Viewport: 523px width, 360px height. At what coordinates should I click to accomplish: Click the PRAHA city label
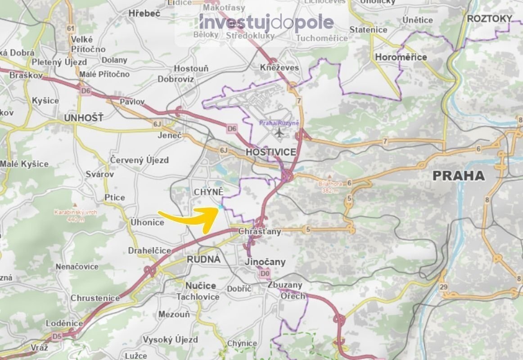[459, 175]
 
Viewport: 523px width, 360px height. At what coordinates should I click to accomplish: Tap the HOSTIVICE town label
[271, 152]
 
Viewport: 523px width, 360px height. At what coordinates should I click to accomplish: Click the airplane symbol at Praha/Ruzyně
[280, 133]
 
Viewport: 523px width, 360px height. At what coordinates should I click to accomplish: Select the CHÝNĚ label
[208, 192]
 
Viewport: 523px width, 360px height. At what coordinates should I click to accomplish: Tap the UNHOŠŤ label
[84, 118]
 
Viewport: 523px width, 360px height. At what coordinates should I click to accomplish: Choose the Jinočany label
[266, 262]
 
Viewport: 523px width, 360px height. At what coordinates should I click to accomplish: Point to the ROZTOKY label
[490, 18]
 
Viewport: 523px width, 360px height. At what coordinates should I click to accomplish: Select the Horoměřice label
[401, 57]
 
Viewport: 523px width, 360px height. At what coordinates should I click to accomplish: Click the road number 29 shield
[445, 287]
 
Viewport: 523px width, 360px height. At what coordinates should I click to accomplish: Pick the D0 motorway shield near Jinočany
[264, 273]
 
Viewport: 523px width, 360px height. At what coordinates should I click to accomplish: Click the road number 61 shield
[70, 29]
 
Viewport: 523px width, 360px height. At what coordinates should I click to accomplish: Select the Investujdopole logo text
[266, 22]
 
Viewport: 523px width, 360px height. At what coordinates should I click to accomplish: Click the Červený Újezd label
[140, 160]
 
